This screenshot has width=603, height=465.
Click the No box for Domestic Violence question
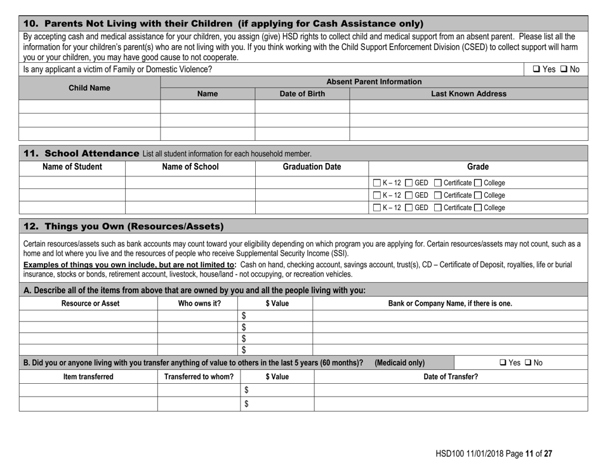tap(564, 69)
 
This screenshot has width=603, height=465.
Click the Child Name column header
tap(89, 88)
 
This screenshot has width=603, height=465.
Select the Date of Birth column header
tap(302, 94)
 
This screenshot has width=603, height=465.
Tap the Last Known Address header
tap(468, 94)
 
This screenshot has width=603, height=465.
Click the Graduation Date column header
tap(311, 167)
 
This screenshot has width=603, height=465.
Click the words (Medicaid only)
tap(400, 362)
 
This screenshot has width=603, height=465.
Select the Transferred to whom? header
tap(197, 376)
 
